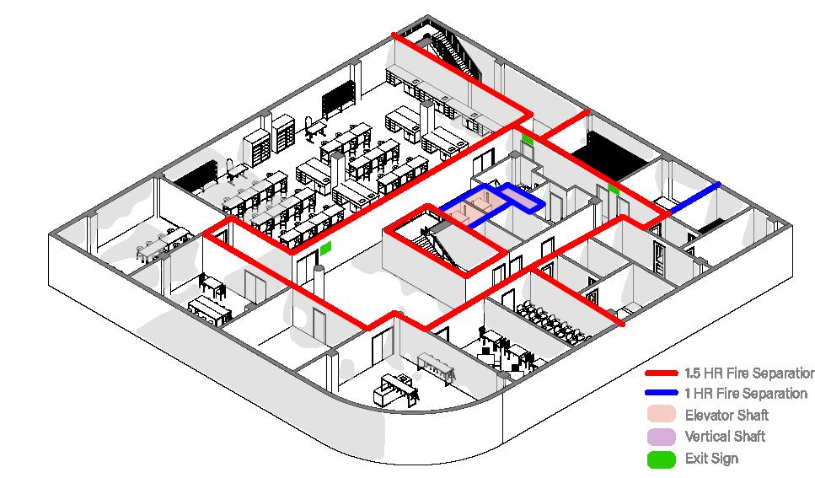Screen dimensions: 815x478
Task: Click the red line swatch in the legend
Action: pyautogui.click(x=661, y=373)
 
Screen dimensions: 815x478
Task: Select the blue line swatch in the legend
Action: pyautogui.click(x=661, y=394)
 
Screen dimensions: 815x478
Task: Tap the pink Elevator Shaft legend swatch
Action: pyautogui.click(x=661, y=415)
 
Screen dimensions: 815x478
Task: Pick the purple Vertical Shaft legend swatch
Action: pyautogui.click(x=661, y=437)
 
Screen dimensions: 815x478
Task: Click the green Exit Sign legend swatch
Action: pyautogui.click(x=661, y=459)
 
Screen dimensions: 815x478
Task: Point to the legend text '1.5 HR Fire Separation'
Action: pyautogui.click(x=748, y=373)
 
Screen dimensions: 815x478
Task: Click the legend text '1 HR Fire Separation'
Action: pyautogui.click(x=745, y=394)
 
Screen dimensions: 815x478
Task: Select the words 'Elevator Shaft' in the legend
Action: pyautogui.click(x=727, y=415)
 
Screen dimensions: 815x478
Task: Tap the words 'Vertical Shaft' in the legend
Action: pyautogui.click(x=725, y=437)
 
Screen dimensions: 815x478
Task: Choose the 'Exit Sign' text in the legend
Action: pyautogui.click(x=711, y=459)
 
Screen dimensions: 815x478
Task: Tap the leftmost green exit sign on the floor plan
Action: pyautogui.click(x=325, y=248)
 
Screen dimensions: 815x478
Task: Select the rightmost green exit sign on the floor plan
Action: pyautogui.click(x=613, y=191)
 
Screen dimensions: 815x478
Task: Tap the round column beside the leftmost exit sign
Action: pyautogui.click(x=319, y=279)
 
